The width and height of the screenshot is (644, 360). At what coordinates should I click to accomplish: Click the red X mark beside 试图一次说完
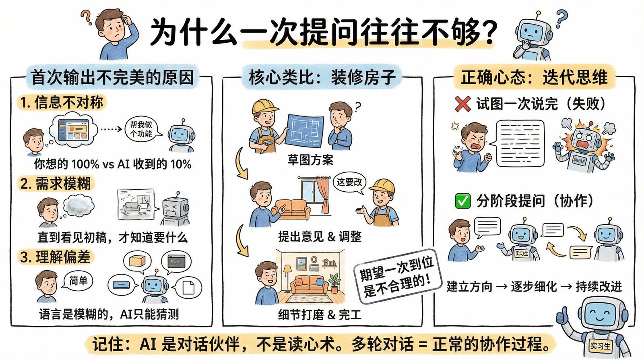[463, 104]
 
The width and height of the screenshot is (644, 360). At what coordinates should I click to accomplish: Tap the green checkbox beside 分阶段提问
[463, 201]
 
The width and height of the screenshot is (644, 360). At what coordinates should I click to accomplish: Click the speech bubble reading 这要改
[349, 182]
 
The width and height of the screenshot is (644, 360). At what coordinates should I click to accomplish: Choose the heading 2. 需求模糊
[56, 184]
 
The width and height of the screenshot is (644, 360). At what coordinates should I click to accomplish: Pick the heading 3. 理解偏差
[56, 257]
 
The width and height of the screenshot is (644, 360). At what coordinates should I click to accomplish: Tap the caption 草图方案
[310, 160]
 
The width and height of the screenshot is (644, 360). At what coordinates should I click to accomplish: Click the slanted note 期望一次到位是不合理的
[396, 276]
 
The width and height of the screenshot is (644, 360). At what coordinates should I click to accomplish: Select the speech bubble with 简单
[78, 281]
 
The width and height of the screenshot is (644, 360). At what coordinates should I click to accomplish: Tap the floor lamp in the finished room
[287, 277]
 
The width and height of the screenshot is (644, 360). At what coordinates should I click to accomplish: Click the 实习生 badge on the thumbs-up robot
[600, 346]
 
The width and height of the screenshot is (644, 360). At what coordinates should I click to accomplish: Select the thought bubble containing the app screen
[73, 130]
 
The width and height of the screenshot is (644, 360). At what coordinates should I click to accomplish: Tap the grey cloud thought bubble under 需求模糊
[79, 206]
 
